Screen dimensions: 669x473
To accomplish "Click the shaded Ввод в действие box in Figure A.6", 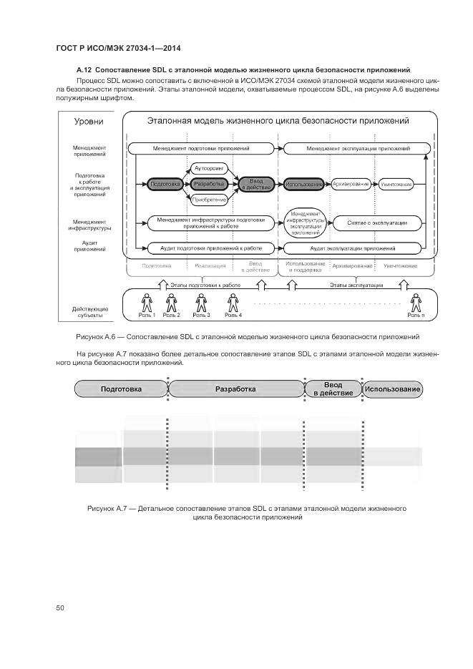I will click(x=255, y=185).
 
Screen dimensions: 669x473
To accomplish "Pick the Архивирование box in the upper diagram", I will click(x=351, y=185).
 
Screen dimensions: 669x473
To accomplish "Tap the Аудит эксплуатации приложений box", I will click(x=352, y=248).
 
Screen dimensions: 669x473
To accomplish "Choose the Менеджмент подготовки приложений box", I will click(x=201, y=149).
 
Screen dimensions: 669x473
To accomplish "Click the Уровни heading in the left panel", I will click(x=90, y=122).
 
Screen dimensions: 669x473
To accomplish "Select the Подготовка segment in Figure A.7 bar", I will click(x=121, y=389).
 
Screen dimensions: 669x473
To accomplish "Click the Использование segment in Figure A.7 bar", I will click(x=393, y=389).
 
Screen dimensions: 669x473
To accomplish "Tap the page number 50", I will click(x=60, y=608).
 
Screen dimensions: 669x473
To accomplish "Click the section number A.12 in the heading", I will click(x=85, y=69).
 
